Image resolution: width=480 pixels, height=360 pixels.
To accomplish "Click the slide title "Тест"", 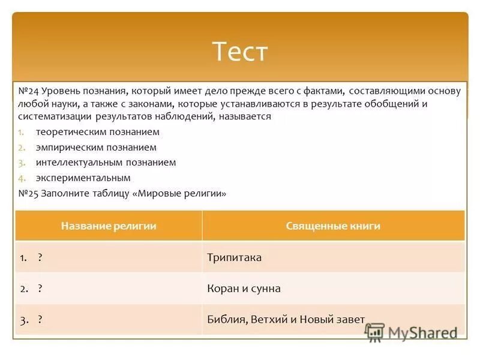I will pyautogui.click(x=240, y=52).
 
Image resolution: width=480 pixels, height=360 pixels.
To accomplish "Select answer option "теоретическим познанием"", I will pyautogui.click(x=97, y=132).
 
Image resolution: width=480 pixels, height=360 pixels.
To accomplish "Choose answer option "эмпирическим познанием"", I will pyautogui.click(x=96, y=147).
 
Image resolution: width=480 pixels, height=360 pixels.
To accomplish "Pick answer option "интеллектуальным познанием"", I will pyautogui.click(x=106, y=163).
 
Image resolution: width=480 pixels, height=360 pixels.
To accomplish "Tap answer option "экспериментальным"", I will pyautogui.click(x=83, y=178).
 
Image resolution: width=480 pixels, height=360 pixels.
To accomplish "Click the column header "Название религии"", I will pyautogui.click(x=109, y=226).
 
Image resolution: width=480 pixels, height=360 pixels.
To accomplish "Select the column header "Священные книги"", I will pyautogui.click(x=333, y=226).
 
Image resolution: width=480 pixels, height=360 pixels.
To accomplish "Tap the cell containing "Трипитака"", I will pyautogui.click(x=235, y=257).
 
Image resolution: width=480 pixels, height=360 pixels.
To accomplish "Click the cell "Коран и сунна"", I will pyautogui.click(x=244, y=289).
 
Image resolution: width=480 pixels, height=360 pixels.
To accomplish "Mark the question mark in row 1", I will pyautogui.click(x=40, y=257).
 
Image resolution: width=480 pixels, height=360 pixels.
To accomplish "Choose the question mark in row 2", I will pyautogui.click(x=40, y=289).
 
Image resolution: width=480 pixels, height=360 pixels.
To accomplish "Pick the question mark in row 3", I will pyautogui.click(x=40, y=320).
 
